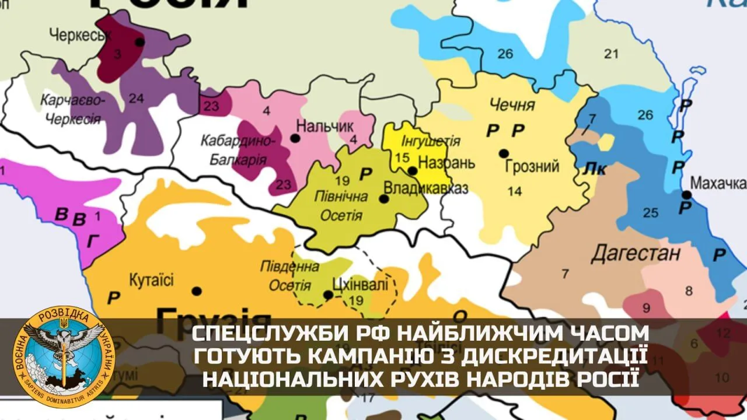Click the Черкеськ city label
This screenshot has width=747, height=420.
click(80, 35)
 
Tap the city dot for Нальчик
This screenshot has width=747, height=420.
click(295, 138)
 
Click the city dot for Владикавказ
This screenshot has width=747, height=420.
click(384, 199)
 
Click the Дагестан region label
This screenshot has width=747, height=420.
click(636, 254)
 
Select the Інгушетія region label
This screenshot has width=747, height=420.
click(431, 141)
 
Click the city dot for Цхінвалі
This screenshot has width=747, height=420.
click(329, 295)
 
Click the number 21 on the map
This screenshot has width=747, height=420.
click(611, 54)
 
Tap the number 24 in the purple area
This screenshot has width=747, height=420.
click(136, 99)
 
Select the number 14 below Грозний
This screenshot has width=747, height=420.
click(514, 191)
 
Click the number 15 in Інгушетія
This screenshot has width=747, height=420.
click(402, 157)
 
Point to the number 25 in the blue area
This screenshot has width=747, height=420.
click(651, 212)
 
